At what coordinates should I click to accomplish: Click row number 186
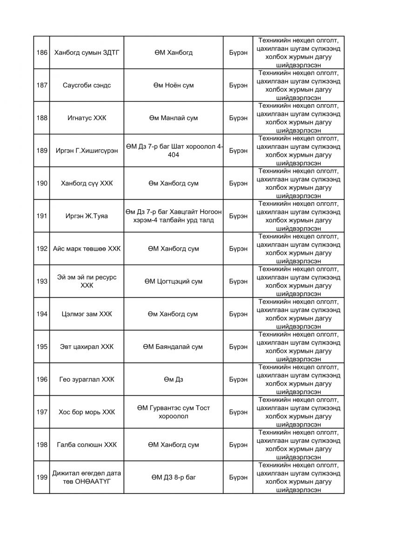click(42, 53)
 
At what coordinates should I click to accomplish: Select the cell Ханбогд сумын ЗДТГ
click(87, 53)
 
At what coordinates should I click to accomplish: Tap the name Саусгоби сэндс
click(87, 85)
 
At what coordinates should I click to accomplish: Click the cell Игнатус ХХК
click(87, 118)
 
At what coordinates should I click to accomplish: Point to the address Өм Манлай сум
click(173, 118)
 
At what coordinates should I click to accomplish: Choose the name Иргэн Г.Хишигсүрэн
click(87, 151)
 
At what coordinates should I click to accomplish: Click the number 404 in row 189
click(173, 155)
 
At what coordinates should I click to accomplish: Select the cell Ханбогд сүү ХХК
click(87, 183)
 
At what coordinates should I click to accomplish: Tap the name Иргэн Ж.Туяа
click(87, 216)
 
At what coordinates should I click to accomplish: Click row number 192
click(42, 248)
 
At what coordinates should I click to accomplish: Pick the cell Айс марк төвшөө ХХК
click(87, 248)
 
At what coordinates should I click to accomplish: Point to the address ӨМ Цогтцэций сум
click(173, 281)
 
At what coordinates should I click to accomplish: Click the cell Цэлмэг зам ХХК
click(87, 314)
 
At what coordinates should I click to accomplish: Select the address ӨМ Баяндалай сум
click(173, 346)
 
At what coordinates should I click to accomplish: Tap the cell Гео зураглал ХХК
click(87, 379)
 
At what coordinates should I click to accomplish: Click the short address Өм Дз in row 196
click(173, 379)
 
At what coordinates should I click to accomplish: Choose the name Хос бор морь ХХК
click(87, 412)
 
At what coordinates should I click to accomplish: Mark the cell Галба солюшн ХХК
click(87, 445)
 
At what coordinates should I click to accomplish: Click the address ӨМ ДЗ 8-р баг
click(173, 477)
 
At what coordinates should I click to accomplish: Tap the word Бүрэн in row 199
click(238, 477)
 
